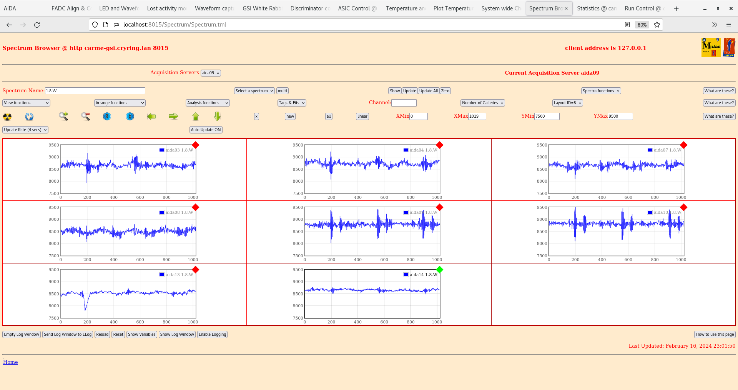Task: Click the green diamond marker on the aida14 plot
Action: coord(440,270)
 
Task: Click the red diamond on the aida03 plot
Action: coord(196,145)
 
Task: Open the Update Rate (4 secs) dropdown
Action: coord(25,130)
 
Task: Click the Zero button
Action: coord(445,91)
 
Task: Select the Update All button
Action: coord(428,91)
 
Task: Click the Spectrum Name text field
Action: coord(95,91)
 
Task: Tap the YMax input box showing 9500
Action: coord(620,117)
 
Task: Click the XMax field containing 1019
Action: coord(477,117)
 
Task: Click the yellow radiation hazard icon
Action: coord(7,117)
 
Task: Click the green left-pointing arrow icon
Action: coord(151,117)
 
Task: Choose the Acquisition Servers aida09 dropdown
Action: coord(211,73)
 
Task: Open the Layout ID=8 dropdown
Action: coord(567,103)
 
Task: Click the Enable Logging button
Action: coord(212,335)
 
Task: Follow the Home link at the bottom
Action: coord(10,362)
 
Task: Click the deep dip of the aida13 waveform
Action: coord(85,308)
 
